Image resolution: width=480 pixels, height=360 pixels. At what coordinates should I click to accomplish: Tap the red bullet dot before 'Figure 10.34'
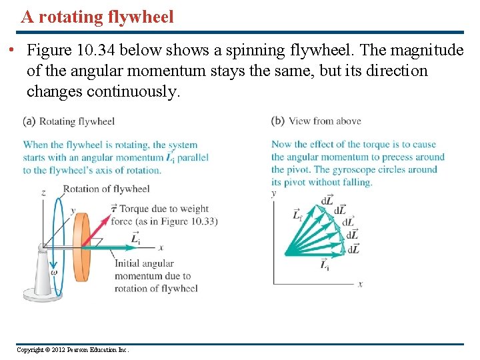pyautogui.click(x=13, y=51)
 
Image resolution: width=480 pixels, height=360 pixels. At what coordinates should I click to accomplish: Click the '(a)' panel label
pyautogui.click(x=29, y=121)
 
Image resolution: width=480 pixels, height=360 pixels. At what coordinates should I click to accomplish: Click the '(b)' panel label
pyautogui.click(x=278, y=121)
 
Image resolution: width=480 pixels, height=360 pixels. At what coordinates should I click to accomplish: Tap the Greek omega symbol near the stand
pyautogui.click(x=54, y=271)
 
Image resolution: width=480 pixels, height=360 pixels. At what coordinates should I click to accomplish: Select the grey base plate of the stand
pyautogui.click(x=45, y=292)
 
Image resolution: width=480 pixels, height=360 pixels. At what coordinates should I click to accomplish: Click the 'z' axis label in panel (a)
pyautogui.click(x=43, y=193)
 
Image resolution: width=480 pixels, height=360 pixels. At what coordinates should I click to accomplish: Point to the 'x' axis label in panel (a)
pyautogui.click(x=161, y=246)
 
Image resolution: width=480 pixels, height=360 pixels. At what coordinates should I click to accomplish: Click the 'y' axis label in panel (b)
pyautogui.click(x=273, y=193)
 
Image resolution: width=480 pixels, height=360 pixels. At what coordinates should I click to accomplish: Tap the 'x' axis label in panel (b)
pyautogui.click(x=361, y=283)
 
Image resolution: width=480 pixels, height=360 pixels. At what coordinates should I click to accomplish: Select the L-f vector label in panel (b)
pyautogui.click(x=298, y=214)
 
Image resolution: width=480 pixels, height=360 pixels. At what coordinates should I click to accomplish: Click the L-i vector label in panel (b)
pyautogui.click(x=325, y=265)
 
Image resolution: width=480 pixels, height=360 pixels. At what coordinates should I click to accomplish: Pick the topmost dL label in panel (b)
pyautogui.click(x=327, y=200)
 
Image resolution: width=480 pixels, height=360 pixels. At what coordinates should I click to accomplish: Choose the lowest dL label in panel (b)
pyautogui.click(x=353, y=249)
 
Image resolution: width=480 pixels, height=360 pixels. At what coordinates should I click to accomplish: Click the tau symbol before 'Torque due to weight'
pyautogui.click(x=114, y=208)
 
